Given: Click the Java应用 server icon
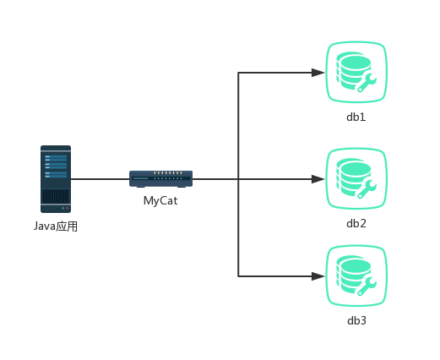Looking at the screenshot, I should pos(56,179).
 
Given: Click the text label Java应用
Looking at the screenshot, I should pos(56,226).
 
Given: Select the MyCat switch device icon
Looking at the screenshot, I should pos(160,178).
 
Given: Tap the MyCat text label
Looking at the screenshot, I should pos(160,201).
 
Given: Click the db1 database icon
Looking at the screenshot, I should pos(356,73).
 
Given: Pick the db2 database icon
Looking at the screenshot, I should pos(356,179).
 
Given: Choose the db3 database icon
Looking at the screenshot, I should pos(356,276).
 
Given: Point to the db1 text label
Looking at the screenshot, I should pos(356,117).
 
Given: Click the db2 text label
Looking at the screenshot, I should pos(356,223).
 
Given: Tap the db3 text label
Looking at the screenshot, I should pos(356,320).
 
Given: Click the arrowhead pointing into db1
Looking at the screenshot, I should pos(318,73).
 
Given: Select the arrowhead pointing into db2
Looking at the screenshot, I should pos(318,179).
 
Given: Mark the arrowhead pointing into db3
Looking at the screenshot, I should pos(318,276).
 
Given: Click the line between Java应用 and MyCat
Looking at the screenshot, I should pos(100,179).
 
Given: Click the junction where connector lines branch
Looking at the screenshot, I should pos(239,179).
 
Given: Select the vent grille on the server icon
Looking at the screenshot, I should pos(56,197).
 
